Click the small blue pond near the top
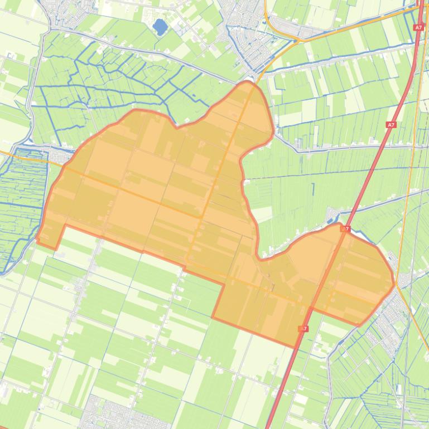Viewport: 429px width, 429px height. point(160,26)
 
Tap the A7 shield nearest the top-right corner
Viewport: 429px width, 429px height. point(418,27)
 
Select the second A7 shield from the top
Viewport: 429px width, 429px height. point(392,125)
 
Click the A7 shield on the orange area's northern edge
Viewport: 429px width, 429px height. point(345,228)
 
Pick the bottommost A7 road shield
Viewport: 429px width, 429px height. point(304,329)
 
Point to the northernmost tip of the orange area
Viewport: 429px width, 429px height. point(248,82)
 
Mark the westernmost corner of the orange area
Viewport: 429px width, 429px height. point(37,240)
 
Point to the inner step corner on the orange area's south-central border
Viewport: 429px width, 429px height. point(225,284)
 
